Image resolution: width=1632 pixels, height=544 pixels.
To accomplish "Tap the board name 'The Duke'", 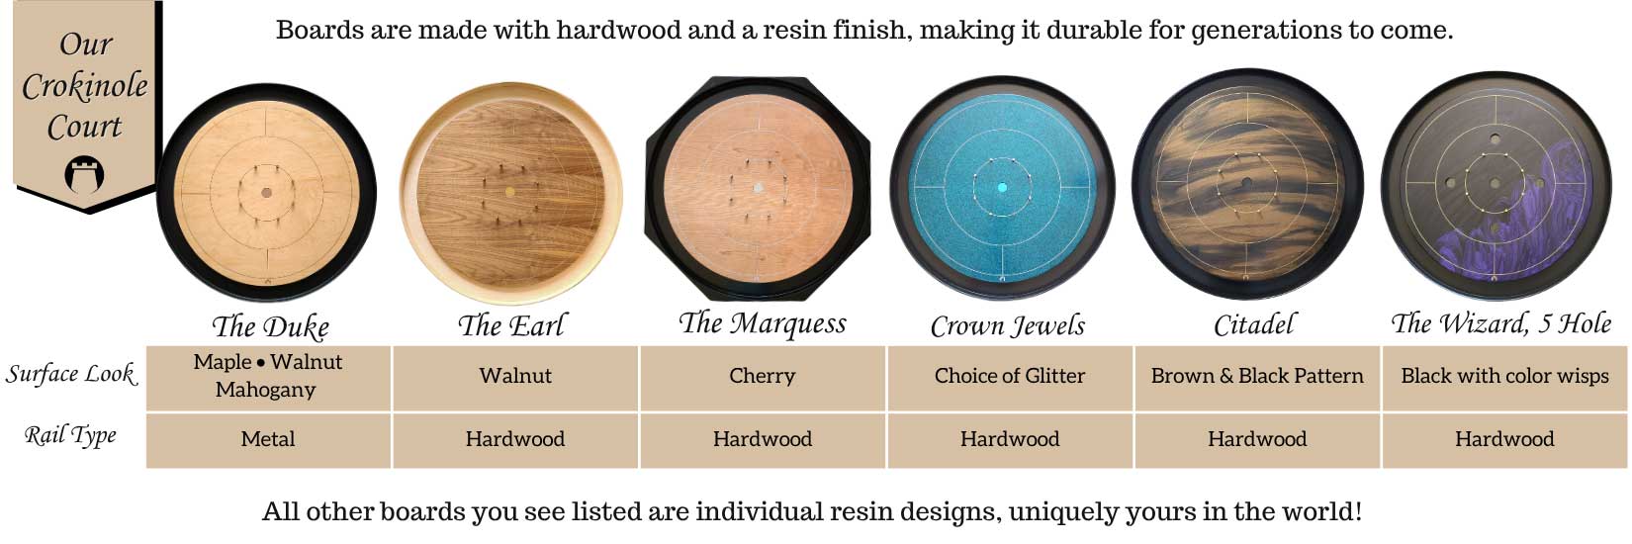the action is [270, 326].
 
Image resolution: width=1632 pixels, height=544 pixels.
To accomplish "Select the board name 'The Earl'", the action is [511, 324].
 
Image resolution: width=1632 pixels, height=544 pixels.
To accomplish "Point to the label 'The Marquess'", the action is [762, 322].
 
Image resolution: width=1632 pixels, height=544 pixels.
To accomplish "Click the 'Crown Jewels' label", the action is [1008, 325].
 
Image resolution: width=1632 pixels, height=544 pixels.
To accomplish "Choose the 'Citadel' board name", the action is [1254, 324].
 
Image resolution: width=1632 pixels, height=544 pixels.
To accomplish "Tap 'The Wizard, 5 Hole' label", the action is [1501, 322].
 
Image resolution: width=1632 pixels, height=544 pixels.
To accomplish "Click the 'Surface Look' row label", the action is [71, 374].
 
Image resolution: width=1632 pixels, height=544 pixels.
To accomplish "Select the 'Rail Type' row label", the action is [70, 435].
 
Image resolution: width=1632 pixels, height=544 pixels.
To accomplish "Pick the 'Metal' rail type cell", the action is [268, 439].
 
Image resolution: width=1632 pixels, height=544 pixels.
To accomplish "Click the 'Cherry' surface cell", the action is [762, 376].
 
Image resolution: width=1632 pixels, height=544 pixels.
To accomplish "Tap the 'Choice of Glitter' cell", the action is [1010, 376].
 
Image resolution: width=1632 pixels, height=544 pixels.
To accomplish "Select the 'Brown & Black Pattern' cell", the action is [1257, 376].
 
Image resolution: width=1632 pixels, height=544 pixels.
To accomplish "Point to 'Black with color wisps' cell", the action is [1504, 376].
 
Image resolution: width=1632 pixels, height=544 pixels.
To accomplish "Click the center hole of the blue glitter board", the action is [1003, 188].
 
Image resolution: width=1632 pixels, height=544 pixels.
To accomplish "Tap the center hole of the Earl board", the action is [510, 192].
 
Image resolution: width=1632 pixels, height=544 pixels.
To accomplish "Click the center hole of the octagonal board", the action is [759, 188].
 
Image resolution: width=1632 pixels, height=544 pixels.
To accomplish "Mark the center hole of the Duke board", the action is [267, 193].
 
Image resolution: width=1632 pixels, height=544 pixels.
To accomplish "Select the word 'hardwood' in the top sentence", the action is [618, 30].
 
